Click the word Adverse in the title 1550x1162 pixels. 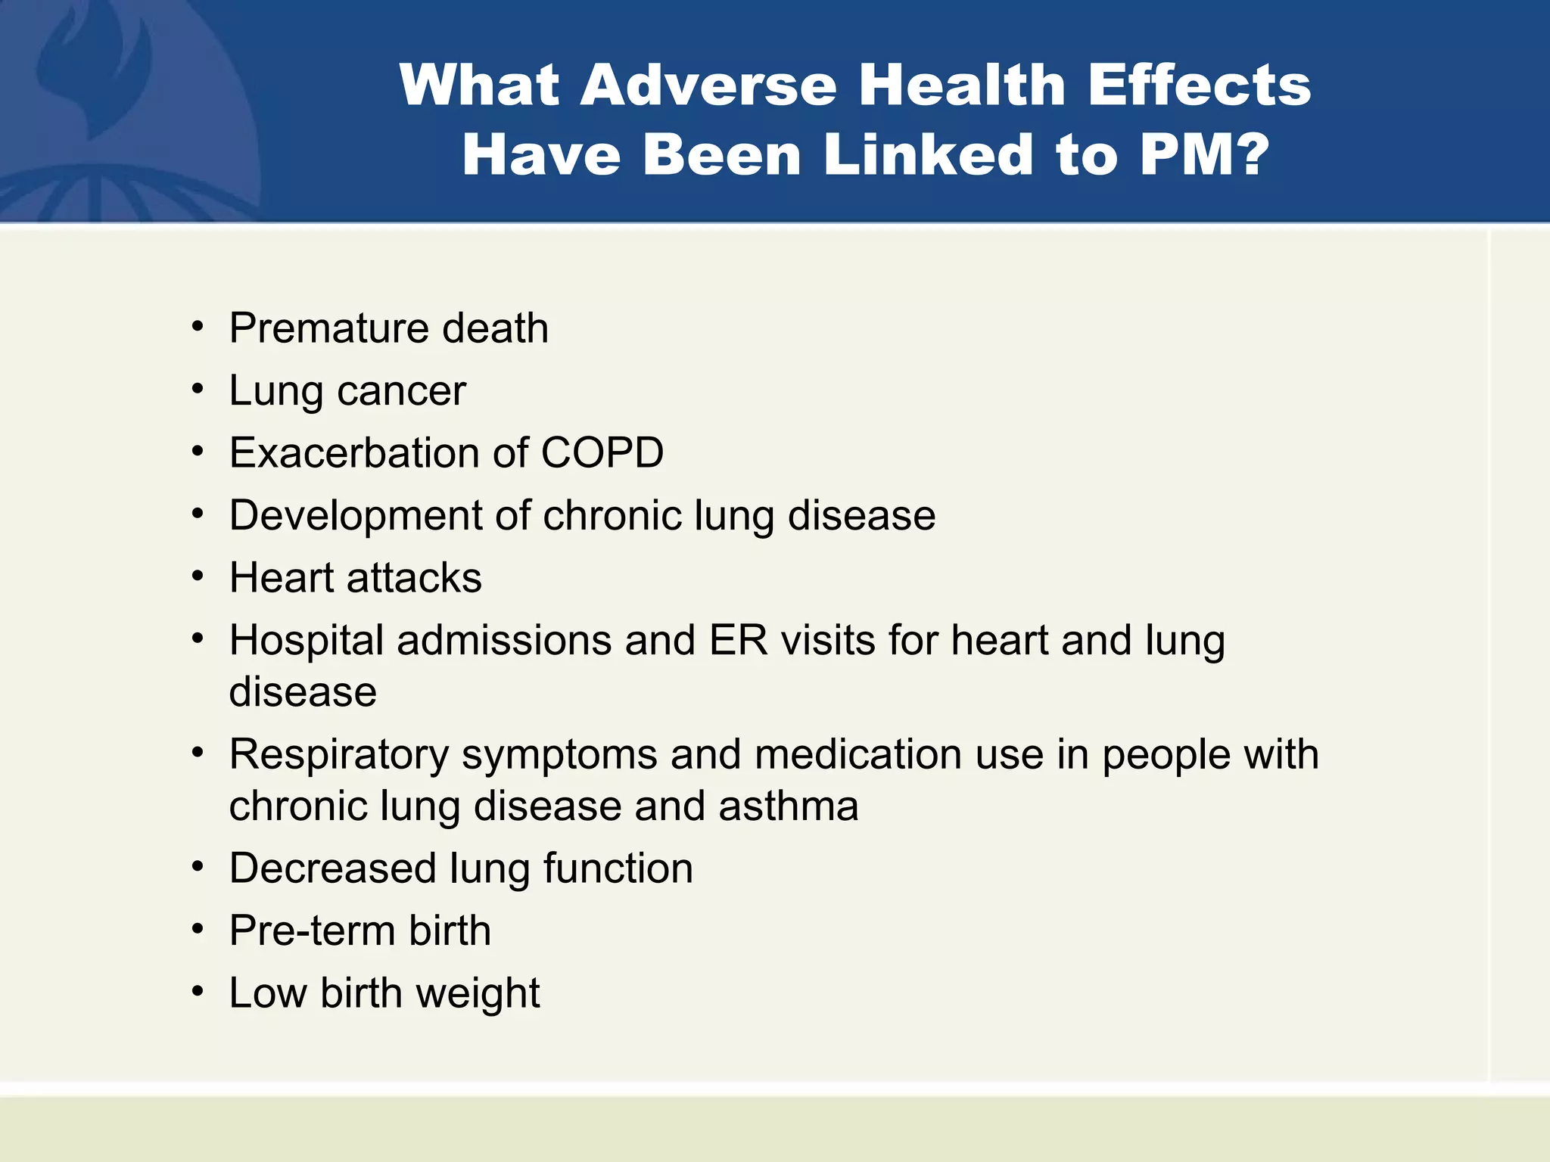(x=708, y=85)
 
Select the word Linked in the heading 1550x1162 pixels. (x=928, y=154)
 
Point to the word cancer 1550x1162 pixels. (x=401, y=391)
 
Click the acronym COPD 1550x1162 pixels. (x=602, y=453)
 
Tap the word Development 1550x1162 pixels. (x=356, y=516)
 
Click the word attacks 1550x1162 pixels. (x=414, y=578)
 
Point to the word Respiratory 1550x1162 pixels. (x=339, y=755)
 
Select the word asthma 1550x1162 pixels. (x=789, y=806)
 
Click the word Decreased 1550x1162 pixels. (x=333, y=868)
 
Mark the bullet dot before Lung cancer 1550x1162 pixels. (x=198, y=390)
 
